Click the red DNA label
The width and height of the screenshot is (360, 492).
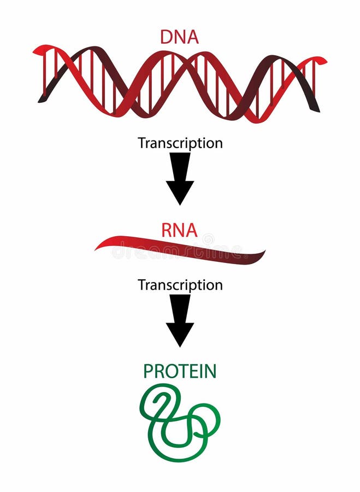179,37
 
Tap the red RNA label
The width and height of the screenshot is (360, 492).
179,230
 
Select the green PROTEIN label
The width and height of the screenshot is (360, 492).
180,371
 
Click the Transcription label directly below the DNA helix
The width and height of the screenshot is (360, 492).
180,143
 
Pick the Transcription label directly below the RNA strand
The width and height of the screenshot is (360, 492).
180,285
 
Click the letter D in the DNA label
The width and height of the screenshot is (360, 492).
166,37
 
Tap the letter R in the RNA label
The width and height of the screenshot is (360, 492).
167,230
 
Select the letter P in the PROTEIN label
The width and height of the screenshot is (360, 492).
149,371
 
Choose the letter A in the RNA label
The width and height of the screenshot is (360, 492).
192,230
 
